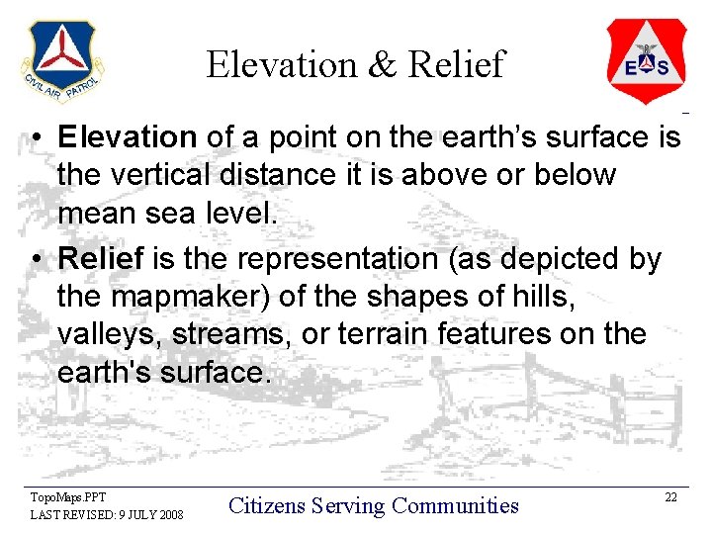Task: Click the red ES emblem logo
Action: pos(647,60)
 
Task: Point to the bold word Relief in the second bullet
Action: pos(101,258)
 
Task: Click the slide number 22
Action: pos(670,496)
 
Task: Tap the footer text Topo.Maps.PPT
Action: pos(68,496)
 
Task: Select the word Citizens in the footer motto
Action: pos(266,506)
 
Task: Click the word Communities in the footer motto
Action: pos(455,506)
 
